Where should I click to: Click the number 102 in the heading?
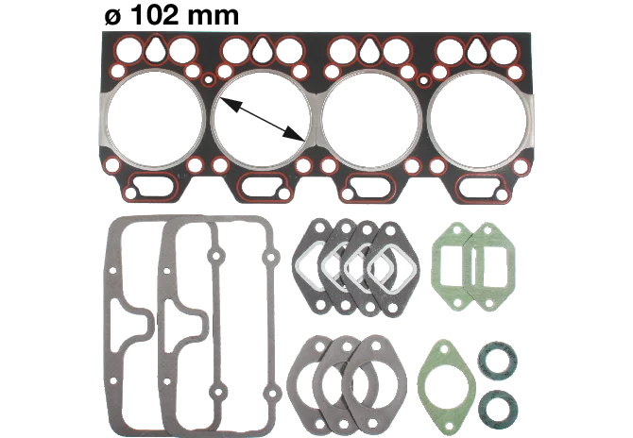(154, 15)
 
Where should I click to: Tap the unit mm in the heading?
(214, 16)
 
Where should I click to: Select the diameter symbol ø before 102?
(113, 17)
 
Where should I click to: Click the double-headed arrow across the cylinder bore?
(262, 119)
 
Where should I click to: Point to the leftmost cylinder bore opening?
(155, 119)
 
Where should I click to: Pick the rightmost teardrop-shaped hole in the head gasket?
(476, 50)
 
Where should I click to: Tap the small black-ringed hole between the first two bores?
(208, 79)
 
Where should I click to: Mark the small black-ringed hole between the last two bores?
(424, 80)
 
